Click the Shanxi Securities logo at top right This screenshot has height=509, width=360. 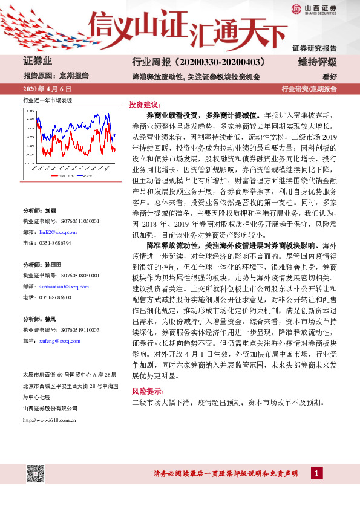point(314,8)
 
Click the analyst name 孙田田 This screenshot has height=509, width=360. point(53,265)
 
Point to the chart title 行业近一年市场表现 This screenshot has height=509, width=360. point(47,100)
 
